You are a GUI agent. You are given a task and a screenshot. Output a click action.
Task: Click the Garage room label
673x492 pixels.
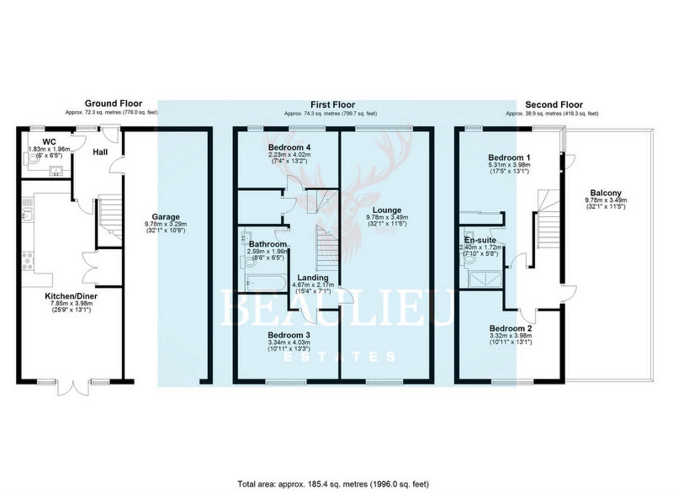pos(165,216)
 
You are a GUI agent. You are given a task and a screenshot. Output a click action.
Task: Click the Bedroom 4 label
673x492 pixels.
pos(286,148)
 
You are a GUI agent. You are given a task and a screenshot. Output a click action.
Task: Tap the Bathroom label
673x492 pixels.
pos(268,244)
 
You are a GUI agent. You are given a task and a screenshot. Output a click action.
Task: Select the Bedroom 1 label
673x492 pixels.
pos(509,157)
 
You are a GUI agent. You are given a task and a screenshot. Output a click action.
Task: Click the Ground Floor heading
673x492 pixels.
pos(113,104)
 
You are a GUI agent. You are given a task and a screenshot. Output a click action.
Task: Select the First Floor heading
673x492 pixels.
pos(333,104)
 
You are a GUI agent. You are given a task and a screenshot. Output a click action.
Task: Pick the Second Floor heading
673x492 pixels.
pos(554,104)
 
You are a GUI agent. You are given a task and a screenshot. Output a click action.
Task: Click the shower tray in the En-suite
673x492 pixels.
pos(484,279)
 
